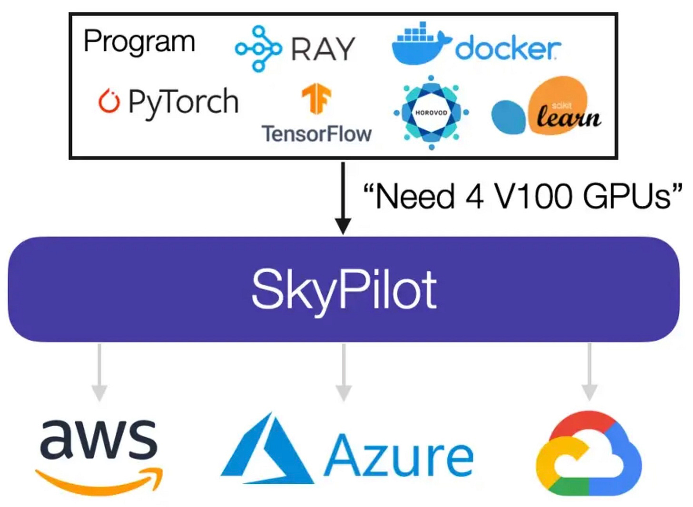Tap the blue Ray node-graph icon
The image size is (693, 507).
point(258,49)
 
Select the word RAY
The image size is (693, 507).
point(323,49)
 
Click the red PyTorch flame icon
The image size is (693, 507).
point(109,101)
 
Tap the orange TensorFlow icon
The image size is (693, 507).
point(316,98)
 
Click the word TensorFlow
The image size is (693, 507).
point(316,134)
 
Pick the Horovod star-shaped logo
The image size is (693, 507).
point(431,113)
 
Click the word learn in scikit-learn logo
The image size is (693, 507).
point(569,117)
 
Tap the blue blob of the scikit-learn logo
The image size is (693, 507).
point(508,117)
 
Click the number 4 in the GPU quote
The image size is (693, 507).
point(474,196)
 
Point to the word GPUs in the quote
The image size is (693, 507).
point(628,196)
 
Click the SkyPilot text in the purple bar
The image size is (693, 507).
point(344,289)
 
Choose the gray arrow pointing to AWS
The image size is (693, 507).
point(99,372)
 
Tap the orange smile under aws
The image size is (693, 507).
point(99,482)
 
